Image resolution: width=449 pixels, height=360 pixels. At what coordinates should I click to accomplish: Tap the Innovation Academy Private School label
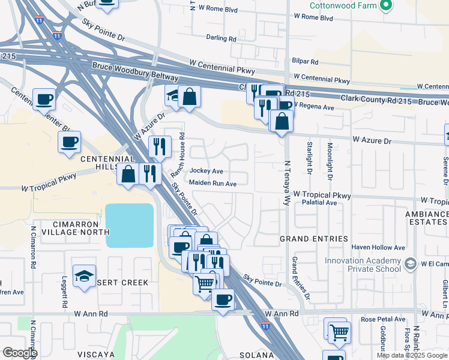point(363,265)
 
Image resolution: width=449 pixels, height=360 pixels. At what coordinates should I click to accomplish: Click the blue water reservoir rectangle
point(130,226)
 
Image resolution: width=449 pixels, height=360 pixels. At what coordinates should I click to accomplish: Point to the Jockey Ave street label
point(206,171)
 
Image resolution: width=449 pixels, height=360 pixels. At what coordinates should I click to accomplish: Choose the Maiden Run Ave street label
point(212,183)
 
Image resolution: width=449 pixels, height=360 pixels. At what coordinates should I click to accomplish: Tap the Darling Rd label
point(221,38)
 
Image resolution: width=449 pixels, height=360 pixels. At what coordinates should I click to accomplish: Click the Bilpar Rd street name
point(306,61)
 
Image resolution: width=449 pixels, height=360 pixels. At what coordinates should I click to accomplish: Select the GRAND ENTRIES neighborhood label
point(314,239)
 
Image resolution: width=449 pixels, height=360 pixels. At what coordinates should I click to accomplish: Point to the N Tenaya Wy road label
point(287,175)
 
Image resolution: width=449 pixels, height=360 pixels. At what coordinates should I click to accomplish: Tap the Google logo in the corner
point(20,352)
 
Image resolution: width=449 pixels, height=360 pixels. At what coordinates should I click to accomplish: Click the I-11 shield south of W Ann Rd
point(266,325)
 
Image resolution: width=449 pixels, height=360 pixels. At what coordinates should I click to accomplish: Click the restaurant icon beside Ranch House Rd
point(160,146)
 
